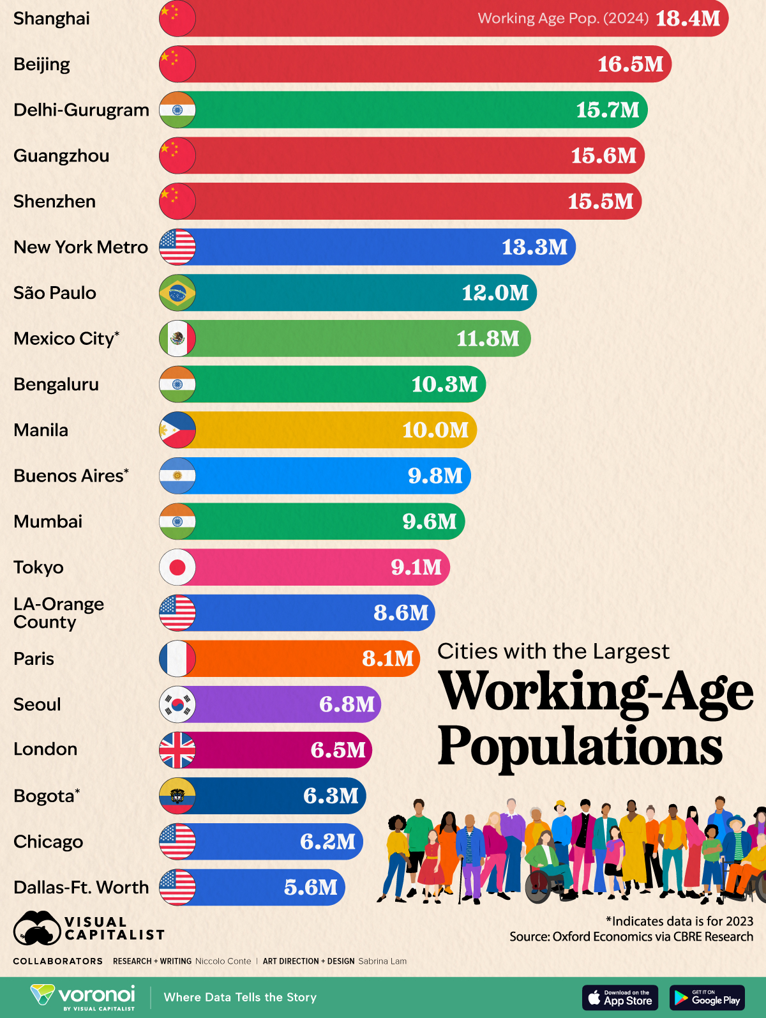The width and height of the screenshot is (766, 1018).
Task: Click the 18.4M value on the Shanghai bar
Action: (x=687, y=19)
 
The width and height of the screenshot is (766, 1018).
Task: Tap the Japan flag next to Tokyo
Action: (x=177, y=567)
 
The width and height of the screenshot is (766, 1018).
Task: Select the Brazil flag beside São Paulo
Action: (x=177, y=293)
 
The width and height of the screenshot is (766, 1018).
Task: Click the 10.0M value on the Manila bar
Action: (x=435, y=430)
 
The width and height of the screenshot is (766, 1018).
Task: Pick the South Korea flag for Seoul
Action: (x=177, y=704)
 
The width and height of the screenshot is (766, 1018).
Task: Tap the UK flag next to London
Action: (x=177, y=750)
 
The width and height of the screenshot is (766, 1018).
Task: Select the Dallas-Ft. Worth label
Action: (x=81, y=888)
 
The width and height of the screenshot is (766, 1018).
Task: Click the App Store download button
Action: (x=620, y=998)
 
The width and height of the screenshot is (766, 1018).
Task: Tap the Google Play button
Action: (x=707, y=998)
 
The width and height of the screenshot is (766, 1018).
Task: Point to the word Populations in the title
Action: (x=580, y=746)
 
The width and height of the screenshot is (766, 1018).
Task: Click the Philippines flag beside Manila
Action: (x=177, y=430)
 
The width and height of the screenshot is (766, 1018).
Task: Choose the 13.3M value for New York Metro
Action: (x=534, y=247)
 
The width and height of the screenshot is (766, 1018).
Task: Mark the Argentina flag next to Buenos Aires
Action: (x=177, y=476)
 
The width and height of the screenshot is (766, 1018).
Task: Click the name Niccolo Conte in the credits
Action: (x=223, y=961)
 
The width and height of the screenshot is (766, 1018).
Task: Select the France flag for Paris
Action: (x=177, y=659)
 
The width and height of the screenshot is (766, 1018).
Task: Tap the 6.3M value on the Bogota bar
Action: (x=331, y=796)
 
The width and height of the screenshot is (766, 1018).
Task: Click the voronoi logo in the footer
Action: (x=84, y=997)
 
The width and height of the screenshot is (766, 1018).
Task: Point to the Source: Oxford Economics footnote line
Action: (x=631, y=937)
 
